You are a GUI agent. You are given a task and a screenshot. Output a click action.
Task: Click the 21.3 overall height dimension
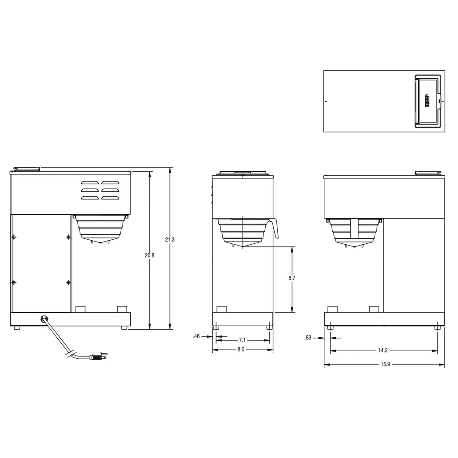[x=170, y=240]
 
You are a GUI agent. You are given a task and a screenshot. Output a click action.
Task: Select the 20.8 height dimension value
[x=149, y=255]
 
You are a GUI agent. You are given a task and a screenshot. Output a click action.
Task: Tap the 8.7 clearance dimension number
[x=292, y=278]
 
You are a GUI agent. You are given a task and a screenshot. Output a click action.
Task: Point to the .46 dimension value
[x=196, y=336]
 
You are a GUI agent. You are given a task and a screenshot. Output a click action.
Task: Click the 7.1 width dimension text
[x=242, y=340]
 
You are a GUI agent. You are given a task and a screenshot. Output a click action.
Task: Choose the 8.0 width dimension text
[x=241, y=349]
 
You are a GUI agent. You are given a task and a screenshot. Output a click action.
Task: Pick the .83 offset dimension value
[x=308, y=338]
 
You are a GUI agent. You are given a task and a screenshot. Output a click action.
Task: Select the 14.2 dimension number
[x=383, y=350]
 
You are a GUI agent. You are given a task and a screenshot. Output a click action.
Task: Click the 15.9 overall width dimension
[x=385, y=364]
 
